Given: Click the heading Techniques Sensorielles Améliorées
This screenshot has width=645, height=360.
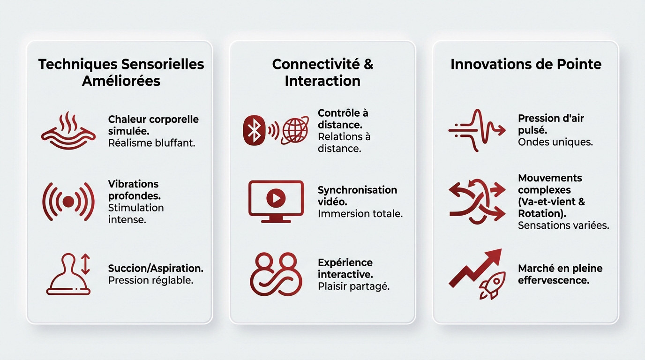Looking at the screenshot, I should coord(121,72).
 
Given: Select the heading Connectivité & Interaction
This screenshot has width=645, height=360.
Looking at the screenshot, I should coord(322,72).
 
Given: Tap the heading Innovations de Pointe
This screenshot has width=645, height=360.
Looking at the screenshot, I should coord(525,64).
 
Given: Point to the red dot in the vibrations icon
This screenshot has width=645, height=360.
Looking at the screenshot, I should coord(68,202).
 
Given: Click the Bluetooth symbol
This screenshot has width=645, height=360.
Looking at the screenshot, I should coord(254,129).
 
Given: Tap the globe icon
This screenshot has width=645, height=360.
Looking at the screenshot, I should coord(295,130).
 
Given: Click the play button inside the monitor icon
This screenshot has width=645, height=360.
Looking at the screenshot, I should coord(276,199).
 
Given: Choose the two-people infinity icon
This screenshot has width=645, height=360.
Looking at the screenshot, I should coord(274,274).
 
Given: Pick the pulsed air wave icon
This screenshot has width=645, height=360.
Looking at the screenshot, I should coord(477,130).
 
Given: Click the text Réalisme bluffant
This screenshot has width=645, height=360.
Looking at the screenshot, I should coord(151,143).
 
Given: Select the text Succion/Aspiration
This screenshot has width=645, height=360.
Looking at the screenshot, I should coord(156,268).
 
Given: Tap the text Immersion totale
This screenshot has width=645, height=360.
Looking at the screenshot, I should coord(360,214).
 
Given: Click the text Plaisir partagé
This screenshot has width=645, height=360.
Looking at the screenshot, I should coord(353,286).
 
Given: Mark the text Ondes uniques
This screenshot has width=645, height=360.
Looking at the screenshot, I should coord(555,142).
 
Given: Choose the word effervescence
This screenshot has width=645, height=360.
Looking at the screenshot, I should coord(553,280).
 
